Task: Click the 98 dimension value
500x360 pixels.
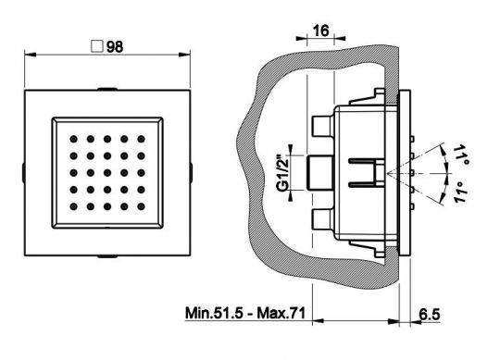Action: [115, 47]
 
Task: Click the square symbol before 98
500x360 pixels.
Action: [97, 46]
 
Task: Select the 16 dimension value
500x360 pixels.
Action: [320, 31]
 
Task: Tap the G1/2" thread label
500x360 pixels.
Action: [283, 173]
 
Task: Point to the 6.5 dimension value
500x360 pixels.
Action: [430, 315]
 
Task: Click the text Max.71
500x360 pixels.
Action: [281, 313]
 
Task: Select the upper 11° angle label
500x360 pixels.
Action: [461, 155]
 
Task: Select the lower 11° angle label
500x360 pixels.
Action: [461, 192]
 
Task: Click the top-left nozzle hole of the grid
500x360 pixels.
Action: [74, 139]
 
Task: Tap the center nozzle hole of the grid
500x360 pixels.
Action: [107, 173]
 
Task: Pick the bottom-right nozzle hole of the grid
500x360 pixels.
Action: [142, 206]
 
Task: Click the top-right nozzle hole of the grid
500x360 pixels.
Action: [142, 139]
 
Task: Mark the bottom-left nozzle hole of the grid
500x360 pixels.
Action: [74, 206]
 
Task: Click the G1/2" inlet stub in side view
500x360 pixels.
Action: [320, 173]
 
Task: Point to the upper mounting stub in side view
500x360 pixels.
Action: [322, 126]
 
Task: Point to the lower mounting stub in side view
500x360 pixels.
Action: [322, 219]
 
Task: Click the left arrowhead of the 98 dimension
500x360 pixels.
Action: [31, 55]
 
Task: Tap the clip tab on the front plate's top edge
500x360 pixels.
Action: [107, 89]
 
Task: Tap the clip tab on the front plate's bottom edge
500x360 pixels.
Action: [107, 256]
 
